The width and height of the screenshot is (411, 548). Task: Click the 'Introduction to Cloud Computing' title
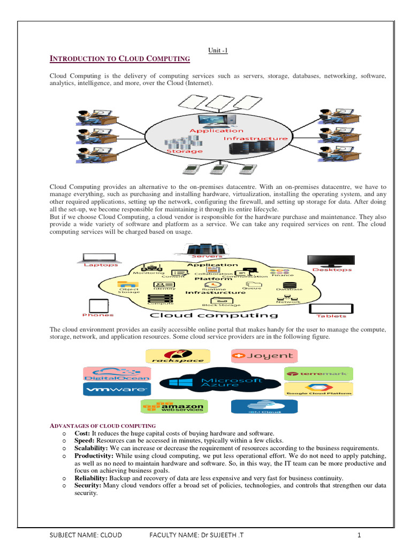coord(120,59)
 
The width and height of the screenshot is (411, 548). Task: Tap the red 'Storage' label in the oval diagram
coord(185,151)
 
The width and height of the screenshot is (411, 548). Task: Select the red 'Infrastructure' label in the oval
coord(255,139)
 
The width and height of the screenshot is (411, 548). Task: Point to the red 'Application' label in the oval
coord(216,131)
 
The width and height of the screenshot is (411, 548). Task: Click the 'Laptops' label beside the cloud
coord(101,265)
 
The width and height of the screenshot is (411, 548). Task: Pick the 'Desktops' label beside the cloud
coord(332,269)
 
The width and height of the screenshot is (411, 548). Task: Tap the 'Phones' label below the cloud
coord(98,315)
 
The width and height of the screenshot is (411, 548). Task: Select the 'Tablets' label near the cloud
coord(331,316)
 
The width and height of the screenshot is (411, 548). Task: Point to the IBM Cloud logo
coord(264,407)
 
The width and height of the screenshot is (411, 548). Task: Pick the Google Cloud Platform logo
coord(318,390)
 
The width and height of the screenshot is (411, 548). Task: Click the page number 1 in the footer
coord(360,535)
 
